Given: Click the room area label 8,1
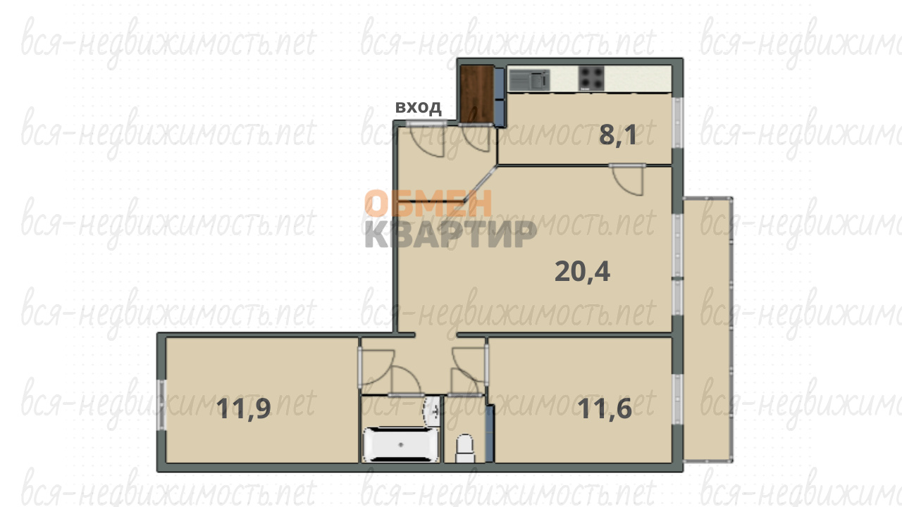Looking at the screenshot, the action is click(618, 135).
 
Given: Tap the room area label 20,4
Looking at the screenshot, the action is click(582, 272).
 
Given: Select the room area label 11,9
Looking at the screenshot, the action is click(244, 409).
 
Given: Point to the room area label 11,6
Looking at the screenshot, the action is click(605, 409).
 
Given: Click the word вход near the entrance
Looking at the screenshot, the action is click(419, 108).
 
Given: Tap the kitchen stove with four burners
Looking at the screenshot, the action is click(591, 78).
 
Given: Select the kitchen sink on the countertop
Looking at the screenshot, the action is click(529, 80).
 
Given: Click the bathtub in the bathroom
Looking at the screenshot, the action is click(400, 444).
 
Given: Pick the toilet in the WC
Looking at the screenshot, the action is click(465, 449).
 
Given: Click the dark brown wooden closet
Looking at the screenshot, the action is click(477, 94).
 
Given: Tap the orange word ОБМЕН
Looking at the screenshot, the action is click(428, 204).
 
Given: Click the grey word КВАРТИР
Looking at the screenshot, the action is click(450, 234).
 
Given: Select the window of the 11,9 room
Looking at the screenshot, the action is click(161, 405).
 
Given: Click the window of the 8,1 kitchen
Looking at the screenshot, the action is click(677, 123).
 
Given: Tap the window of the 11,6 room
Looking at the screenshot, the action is click(677, 399).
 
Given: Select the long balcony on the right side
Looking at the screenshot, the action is click(708, 330).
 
